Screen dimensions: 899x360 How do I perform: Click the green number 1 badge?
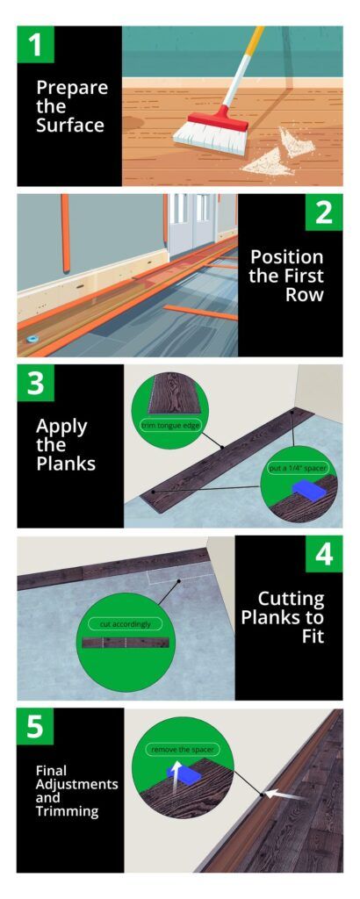(x=35, y=44)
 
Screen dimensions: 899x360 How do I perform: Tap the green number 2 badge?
(x=324, y=212)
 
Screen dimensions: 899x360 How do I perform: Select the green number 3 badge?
(x=35, y=383)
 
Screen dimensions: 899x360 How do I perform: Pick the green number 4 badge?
(x=324, y=554)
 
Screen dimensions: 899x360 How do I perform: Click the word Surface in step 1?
(x=69, y=126)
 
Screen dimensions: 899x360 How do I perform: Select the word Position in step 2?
(x=286, y=257)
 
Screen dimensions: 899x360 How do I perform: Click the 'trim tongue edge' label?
(x=169, y=426)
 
